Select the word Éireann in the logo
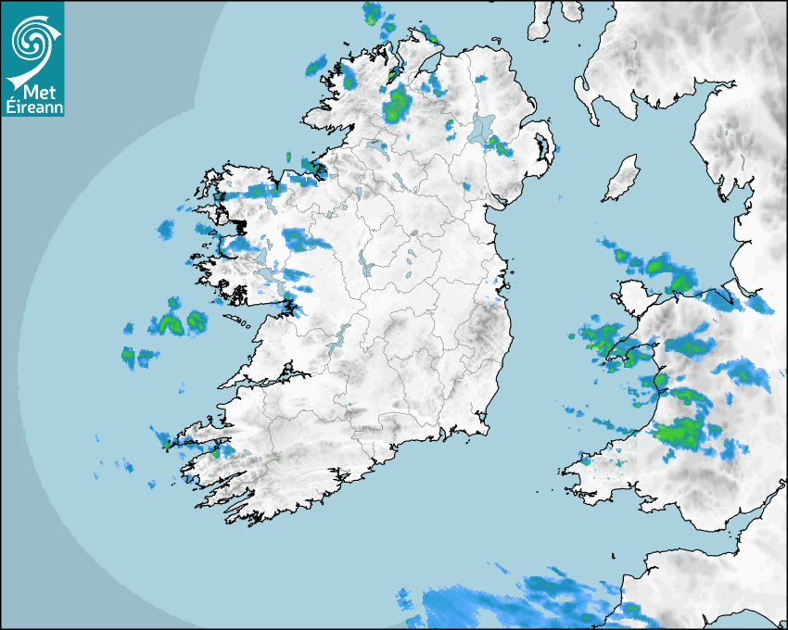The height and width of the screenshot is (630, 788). click(x=33, y=107)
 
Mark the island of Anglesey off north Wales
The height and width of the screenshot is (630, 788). click(x=630, y=302)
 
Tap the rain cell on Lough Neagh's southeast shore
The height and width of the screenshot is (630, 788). click(x=501, y=145)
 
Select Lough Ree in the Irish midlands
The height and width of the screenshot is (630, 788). click(x=366, y=270)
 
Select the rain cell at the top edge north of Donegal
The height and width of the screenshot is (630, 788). click(x=374, y=13)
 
